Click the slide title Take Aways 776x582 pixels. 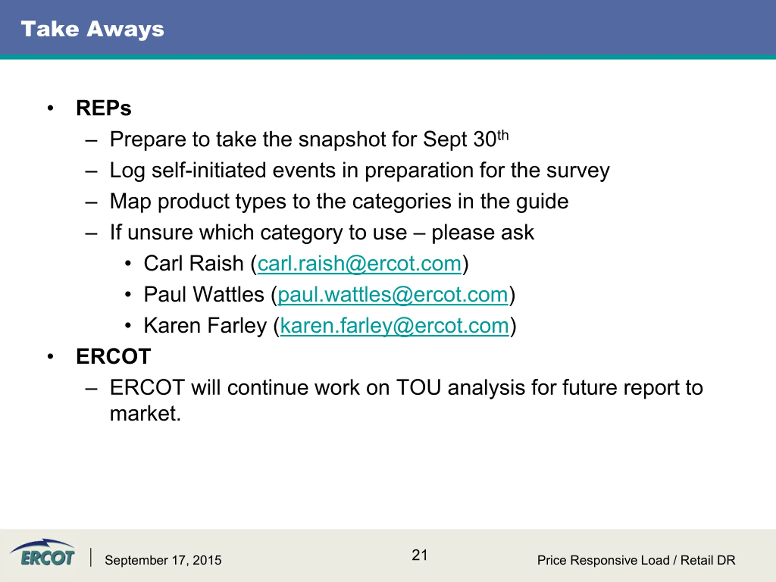pos(93,29)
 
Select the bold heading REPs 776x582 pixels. pos(103,108)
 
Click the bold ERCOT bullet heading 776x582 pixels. pos(113,356)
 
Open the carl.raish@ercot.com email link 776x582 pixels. pos(359,264)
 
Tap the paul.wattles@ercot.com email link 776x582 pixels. pos(393,295)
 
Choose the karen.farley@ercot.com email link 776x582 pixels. pos(394,326)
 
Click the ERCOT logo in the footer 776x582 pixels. pos(42,553)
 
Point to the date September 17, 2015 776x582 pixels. pos(163,560)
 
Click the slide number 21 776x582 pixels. pos(420,555)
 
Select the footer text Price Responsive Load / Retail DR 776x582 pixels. pos(636,560)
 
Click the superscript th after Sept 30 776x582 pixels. pos(503,135)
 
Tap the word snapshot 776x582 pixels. pos(342,140)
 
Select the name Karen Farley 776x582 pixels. pos(205,326)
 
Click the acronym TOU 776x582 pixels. pos(419,388)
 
